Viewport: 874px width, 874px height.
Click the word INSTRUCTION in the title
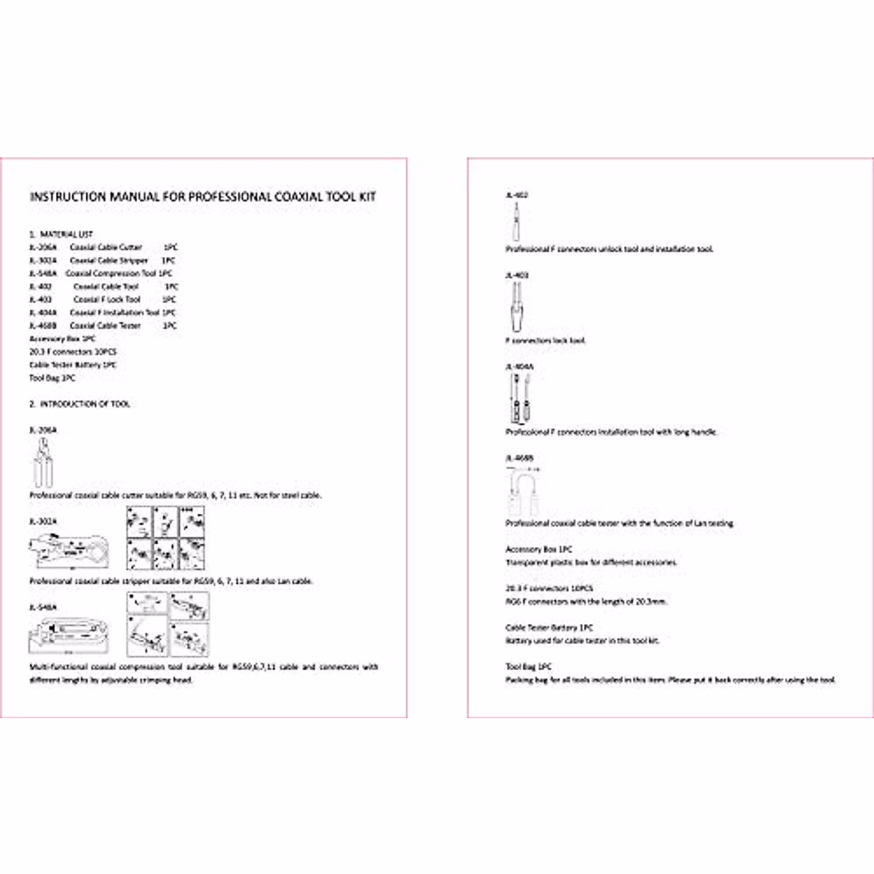68,197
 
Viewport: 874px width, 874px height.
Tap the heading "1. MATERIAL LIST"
61,235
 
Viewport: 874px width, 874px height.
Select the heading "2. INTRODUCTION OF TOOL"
80,403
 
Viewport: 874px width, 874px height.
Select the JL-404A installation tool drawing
520,399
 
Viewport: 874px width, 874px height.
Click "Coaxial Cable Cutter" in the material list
106,248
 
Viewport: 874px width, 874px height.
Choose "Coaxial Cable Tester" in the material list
105,326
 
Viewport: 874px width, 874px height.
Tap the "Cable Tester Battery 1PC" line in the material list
73,365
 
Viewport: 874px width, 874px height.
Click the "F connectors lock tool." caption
546,340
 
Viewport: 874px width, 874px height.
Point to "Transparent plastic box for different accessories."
591,562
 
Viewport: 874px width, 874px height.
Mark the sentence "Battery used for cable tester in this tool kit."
582,641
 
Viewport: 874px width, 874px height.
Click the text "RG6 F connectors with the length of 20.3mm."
586,602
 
